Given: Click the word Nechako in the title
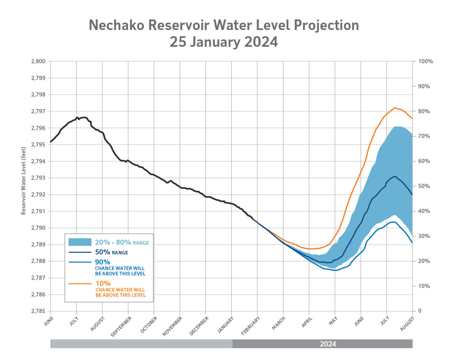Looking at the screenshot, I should click(116, 25).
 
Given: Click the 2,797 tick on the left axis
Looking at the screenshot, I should click(38, 111).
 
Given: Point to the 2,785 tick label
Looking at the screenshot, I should click(38, 311).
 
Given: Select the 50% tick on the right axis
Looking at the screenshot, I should click(424, 186).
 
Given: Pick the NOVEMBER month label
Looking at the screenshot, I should click(173, 326).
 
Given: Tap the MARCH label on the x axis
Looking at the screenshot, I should click(279, 323).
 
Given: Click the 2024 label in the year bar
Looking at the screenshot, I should click(328, 344).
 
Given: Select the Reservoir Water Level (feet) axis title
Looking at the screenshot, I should click(24, 181).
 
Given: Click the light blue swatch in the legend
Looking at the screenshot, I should click(80, 242).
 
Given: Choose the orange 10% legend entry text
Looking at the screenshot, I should click(103, 284).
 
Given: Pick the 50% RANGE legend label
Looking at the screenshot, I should click(111, 252).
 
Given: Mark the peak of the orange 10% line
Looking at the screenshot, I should click(395, 108).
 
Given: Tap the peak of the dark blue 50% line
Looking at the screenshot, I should click(395, 176).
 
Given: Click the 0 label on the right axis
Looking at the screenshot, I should click(420, 311).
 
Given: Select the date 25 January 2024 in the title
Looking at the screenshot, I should click(224, 42).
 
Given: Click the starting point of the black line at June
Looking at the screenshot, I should click(51, 142).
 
